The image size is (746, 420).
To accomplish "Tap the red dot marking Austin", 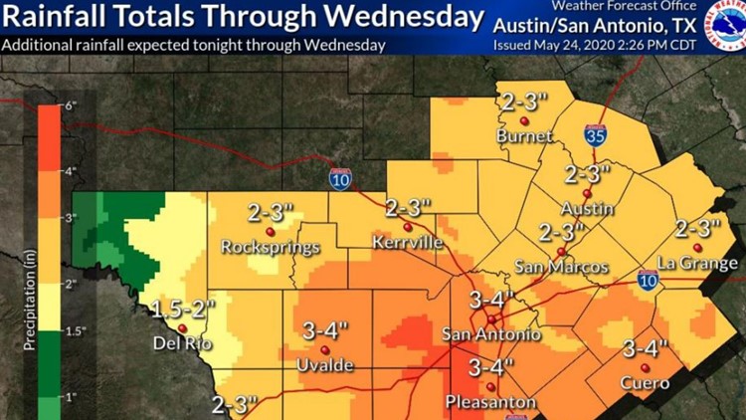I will (x=587, y=193).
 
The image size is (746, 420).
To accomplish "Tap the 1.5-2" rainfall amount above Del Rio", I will (x=180, y=309).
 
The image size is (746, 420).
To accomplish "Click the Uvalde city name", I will (x=324, y=366).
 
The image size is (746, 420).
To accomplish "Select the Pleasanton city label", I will (x=489, y=402).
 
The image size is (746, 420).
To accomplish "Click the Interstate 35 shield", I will (x=593, y=137).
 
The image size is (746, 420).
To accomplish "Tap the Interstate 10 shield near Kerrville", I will (x=338, y=177).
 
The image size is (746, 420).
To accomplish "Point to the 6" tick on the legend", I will (x=71, y=105).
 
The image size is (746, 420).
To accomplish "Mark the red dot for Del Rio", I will (x=181, y=326).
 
